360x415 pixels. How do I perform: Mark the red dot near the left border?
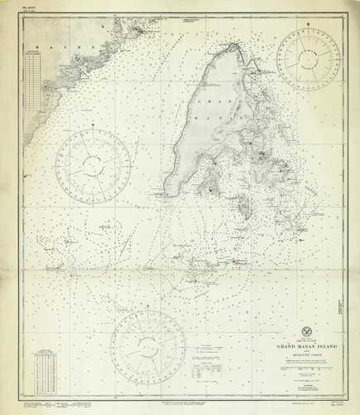27,175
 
